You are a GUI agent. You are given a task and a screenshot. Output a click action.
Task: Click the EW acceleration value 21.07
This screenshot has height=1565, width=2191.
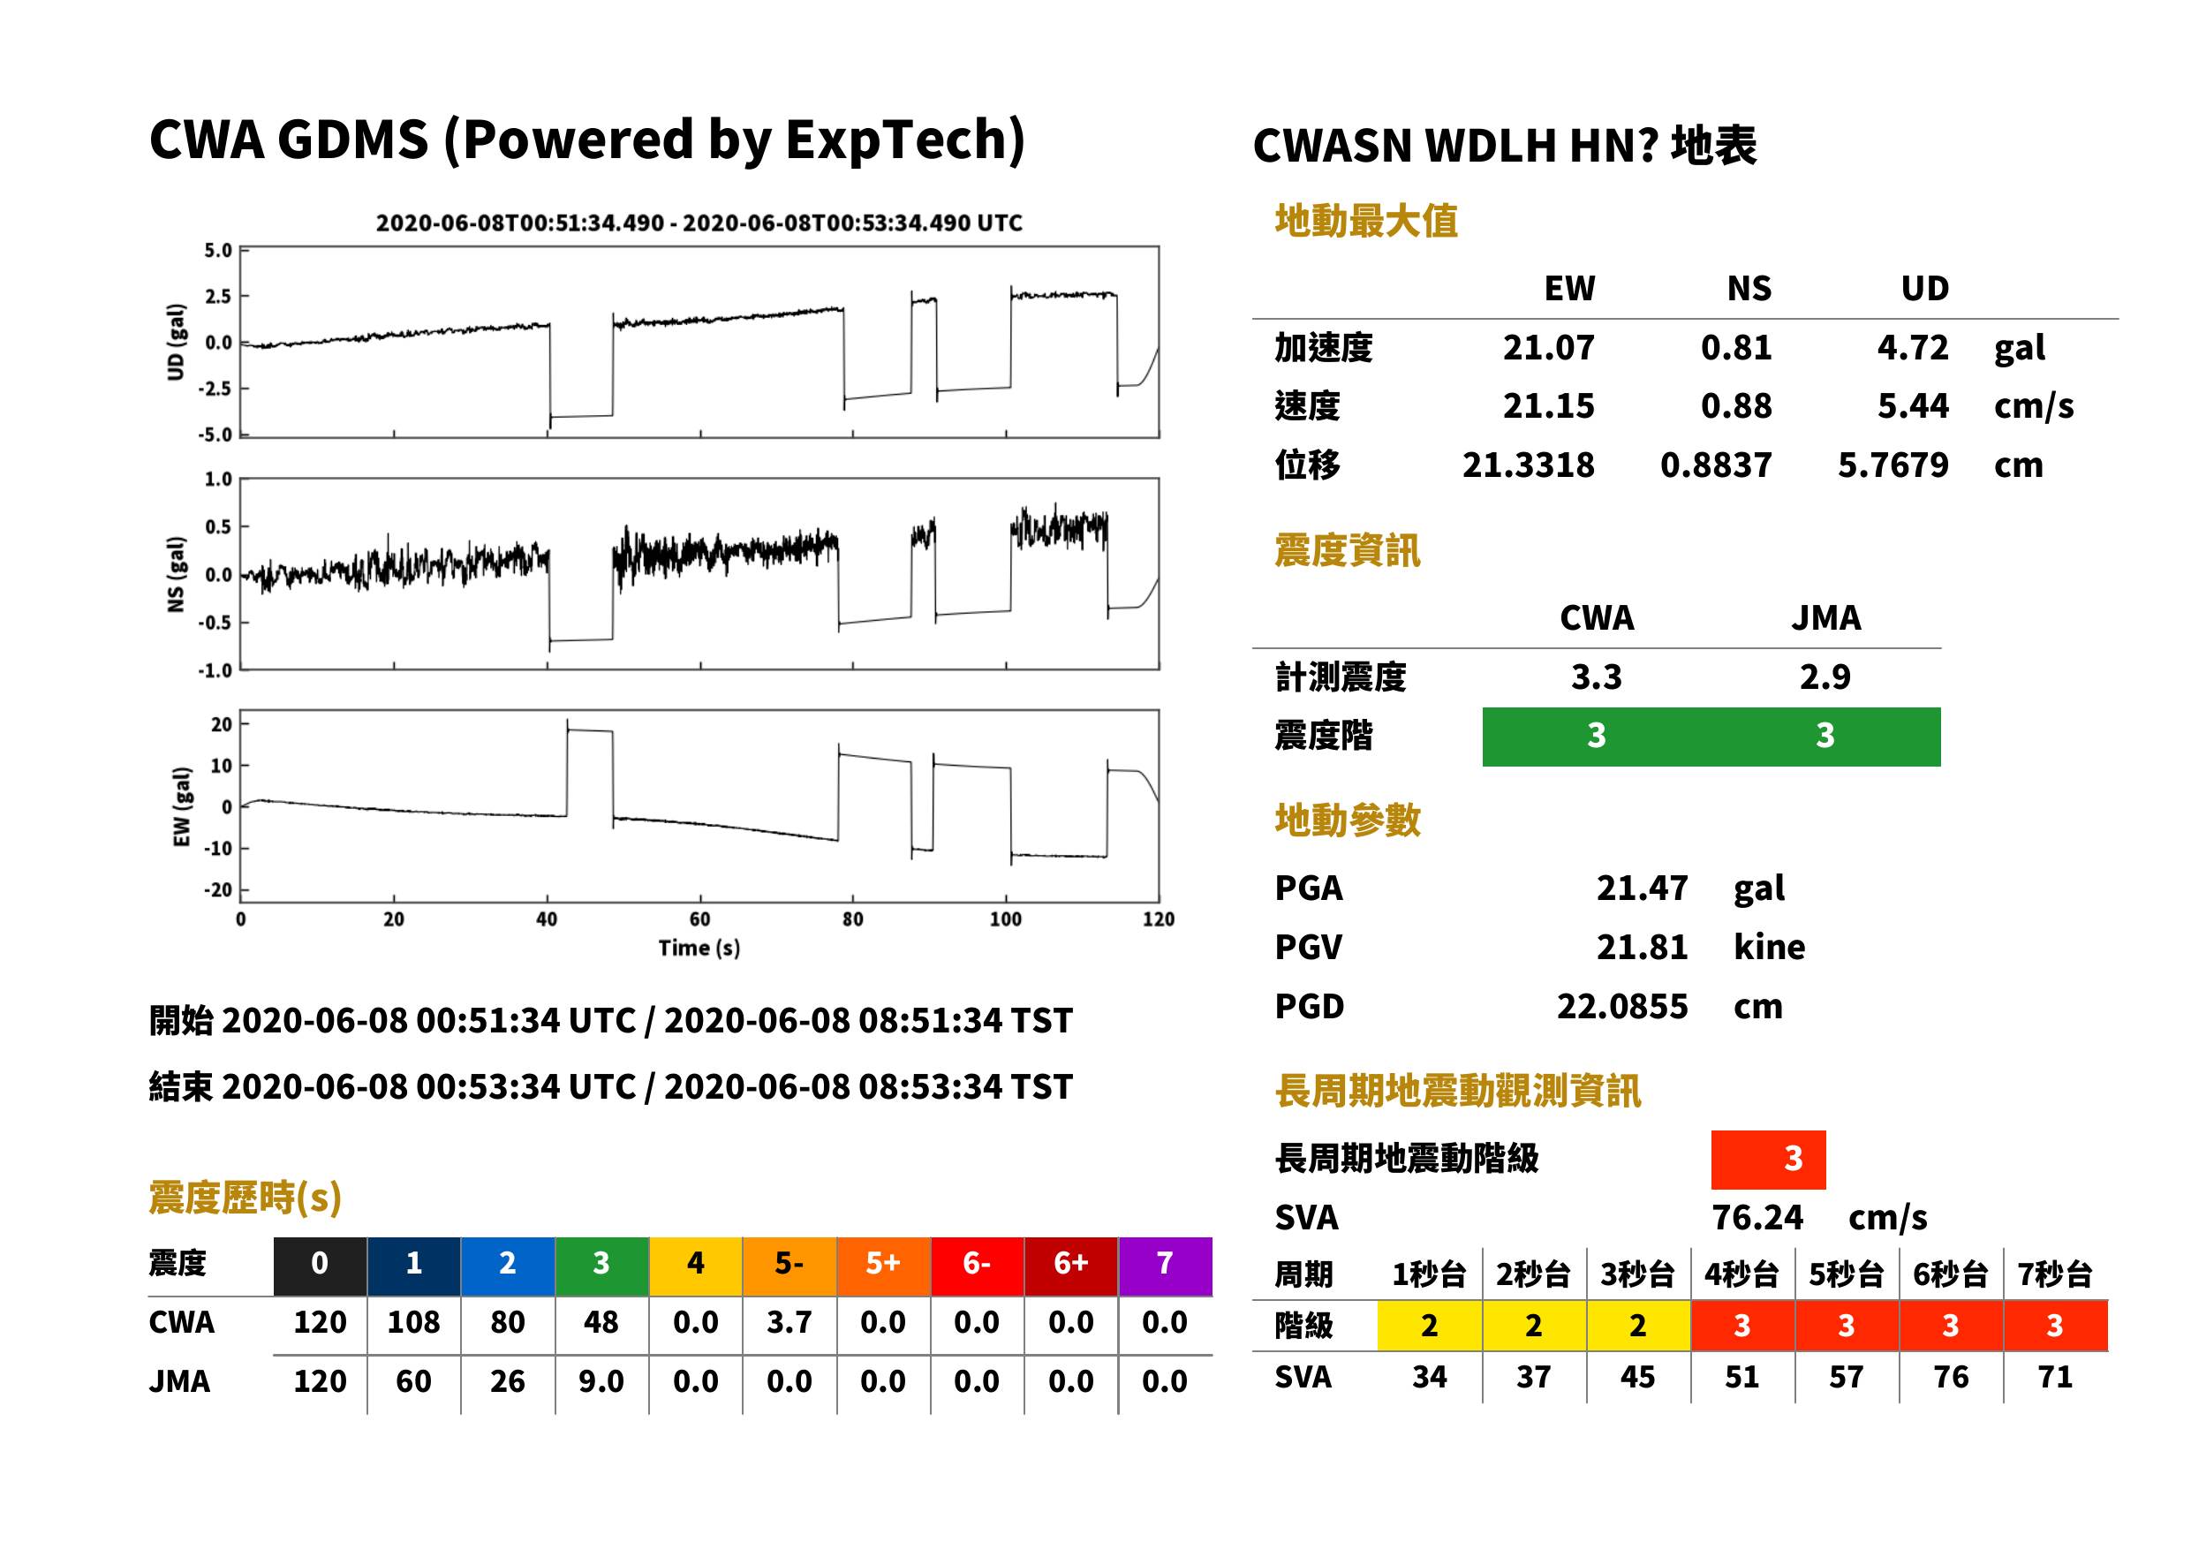pyautogui.click(x=1547, y=347)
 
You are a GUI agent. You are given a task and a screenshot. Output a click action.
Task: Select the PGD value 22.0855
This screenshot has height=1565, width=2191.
pyautogui.click(x=1621, y=1006)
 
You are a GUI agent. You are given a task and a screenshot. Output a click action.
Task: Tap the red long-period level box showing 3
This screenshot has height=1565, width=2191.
pyautogui.click(x=1768, y=1160)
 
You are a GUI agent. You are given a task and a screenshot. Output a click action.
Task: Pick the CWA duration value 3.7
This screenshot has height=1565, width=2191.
pyautogui.click(x=790, y=1322)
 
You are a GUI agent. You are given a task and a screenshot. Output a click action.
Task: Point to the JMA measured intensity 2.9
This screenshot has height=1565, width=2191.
pyautogui.click(x=1825, y=677)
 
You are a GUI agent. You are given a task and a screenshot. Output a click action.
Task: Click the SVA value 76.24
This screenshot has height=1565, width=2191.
pyautogui.click(x=1757, y=1217)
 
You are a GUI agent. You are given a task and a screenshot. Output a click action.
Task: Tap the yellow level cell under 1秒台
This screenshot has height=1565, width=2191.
pyautogui.click(x=1430, y=1326)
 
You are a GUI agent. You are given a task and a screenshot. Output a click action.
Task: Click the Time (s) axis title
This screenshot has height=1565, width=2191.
pyautogui.click(x=699, y=949)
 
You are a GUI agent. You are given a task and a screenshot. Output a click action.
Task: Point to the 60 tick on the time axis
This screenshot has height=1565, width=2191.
pyautogui.click(x=699, y=919)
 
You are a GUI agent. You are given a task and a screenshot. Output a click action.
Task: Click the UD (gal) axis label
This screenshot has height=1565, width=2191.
pyautogui.click(x=176, y=342)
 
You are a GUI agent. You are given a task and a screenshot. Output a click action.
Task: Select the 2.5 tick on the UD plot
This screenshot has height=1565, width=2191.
pyautogui.click(x=218, y=297)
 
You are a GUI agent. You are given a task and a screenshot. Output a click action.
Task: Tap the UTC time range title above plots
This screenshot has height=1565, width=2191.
pyautogui.click(x=699, y=223)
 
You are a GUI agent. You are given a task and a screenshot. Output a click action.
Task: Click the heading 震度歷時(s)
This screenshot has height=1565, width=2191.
pyautogui.click(x=245, y=1198)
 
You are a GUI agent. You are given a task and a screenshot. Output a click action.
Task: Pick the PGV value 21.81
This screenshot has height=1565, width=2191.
pyautogui.click(x=1642, y=948)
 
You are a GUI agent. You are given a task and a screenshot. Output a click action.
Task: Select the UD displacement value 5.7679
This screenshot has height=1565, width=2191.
pyautogui.click(x=1893, y=465)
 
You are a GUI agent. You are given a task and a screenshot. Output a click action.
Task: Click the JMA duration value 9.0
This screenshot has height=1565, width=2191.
pyautogui.click(x=601, y=1381)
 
